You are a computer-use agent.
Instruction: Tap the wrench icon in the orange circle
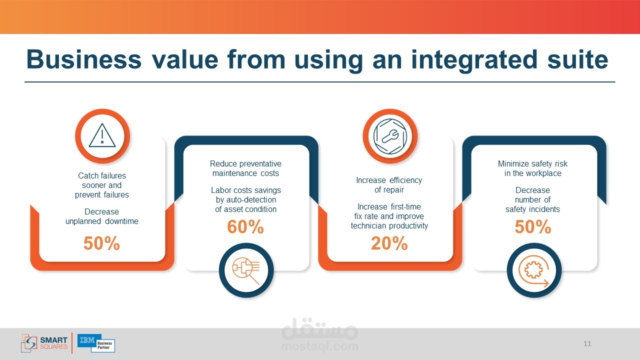point(390,136)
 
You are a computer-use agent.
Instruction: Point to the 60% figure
point(245,227)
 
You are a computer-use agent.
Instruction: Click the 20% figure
point(389,243)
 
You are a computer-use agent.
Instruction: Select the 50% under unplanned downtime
point(101,243)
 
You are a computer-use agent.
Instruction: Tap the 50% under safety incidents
point(533,227)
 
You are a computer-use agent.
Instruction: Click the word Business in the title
point(83,59)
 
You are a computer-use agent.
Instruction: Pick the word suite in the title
point(577,59)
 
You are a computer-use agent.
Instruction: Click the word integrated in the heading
point(474,61)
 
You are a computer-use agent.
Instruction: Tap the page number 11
point(587,343)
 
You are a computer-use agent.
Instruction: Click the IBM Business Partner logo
point(96,343)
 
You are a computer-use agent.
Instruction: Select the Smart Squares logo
point(44,343)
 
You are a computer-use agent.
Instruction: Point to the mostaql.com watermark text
point(320,346)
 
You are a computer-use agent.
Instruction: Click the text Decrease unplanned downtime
point(101,216)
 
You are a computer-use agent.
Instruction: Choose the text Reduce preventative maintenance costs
point(245,168)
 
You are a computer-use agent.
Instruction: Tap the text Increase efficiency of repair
point(389,185)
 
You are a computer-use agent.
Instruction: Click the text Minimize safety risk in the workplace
point(533,168)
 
